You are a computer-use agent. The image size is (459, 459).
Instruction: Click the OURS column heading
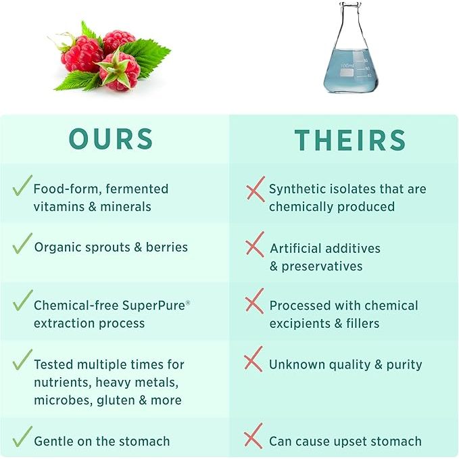[111, 139]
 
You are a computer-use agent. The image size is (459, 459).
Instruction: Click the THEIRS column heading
[349, 140]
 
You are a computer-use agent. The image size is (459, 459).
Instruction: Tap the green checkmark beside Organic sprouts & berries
[22, 244]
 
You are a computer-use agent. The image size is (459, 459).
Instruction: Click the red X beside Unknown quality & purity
[254, 360]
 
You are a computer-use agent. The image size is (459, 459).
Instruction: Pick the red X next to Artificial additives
[254, 245]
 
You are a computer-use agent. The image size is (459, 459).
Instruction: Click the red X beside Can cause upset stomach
[254, 437]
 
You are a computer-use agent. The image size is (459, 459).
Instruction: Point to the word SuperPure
[153, 305]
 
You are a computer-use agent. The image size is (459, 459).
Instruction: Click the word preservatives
[322, 266]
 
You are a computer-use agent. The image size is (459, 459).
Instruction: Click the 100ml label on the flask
[347, 65]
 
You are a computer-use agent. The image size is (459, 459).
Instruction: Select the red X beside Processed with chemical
[254, 302]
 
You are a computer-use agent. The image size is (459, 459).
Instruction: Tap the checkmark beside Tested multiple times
[22, 360]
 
